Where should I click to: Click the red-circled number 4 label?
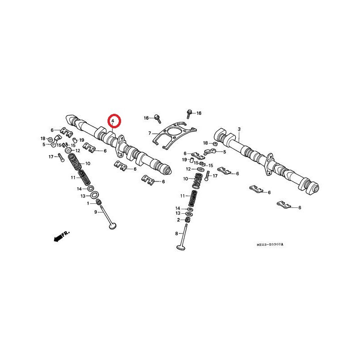[x=112, y=121]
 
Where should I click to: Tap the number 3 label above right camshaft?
[x=239, y=129]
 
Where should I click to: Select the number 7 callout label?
[x=150, y=133]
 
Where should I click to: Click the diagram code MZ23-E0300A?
[x=270, y=244]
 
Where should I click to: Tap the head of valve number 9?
[x=112, y=227]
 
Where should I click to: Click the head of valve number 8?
[x=181, y=247]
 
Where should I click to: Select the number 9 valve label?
[x=96, y=212]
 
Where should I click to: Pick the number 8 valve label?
[x=176, y=234]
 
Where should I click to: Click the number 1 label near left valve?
[x=88, y=203]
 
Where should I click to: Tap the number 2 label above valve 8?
[x=178, y=220]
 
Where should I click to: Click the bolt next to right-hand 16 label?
[x=189, y=113]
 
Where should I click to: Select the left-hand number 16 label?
[x=146, y=118]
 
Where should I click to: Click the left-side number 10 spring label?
[x=88, y=163]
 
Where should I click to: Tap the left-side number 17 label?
[x=51, y=157]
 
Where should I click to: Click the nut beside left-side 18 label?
[x=49, y=139]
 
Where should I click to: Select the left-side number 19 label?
[x=82, y=140]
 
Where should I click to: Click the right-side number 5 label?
[x=224, y=152]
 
